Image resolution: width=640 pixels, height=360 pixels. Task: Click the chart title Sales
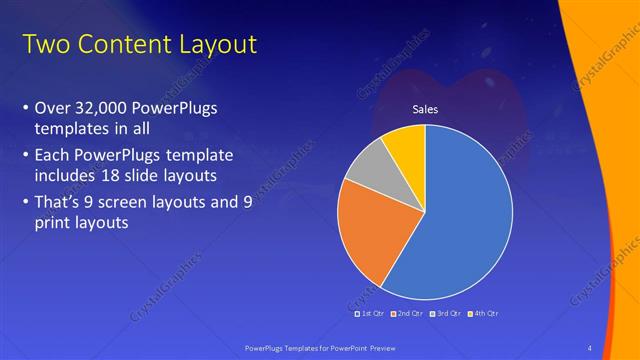tap(426, 109)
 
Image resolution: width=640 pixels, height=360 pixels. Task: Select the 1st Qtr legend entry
tap(369, 313)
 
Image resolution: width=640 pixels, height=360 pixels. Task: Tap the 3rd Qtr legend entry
tap(446, 313)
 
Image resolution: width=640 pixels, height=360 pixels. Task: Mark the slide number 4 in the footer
tap(589, 347)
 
